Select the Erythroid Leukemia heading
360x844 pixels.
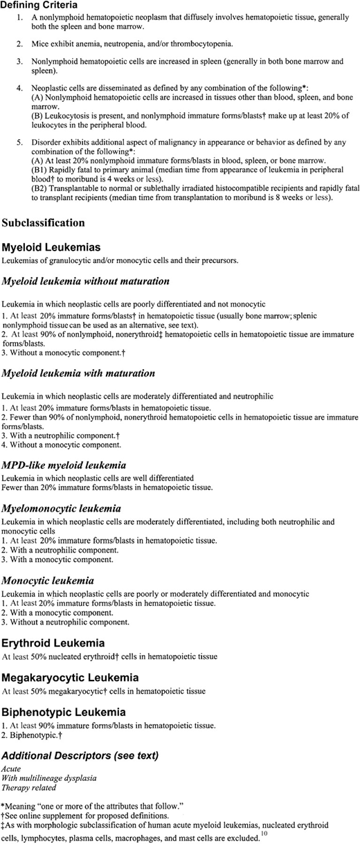53,643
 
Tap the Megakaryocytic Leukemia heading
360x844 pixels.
70,677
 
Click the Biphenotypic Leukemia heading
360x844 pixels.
63,711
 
